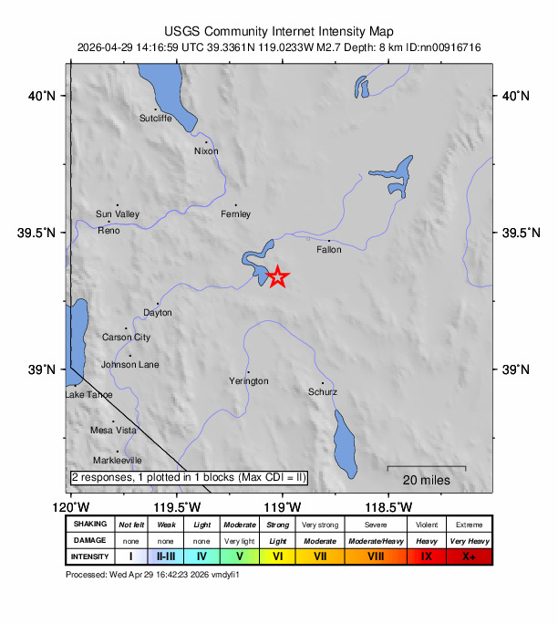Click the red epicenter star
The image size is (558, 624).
click(278, 277)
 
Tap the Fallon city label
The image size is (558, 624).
click(328, 249)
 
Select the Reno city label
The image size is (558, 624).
click(108, 231)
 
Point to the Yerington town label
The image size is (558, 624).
click(249, 380)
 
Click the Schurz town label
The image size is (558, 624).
click(323, 392)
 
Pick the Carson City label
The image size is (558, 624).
click(126, 338)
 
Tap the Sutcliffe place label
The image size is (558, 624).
click(155, 119)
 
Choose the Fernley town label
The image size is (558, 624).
click(235, 214)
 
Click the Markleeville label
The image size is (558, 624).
click(117, 461)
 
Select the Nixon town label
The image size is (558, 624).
click(207, 151)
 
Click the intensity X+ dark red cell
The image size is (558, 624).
click(469, 556)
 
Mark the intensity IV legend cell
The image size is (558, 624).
click(201, 556)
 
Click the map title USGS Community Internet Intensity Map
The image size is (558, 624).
click(279, 30)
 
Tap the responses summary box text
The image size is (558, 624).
click(189, 477)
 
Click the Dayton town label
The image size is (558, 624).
click(157, 313)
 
